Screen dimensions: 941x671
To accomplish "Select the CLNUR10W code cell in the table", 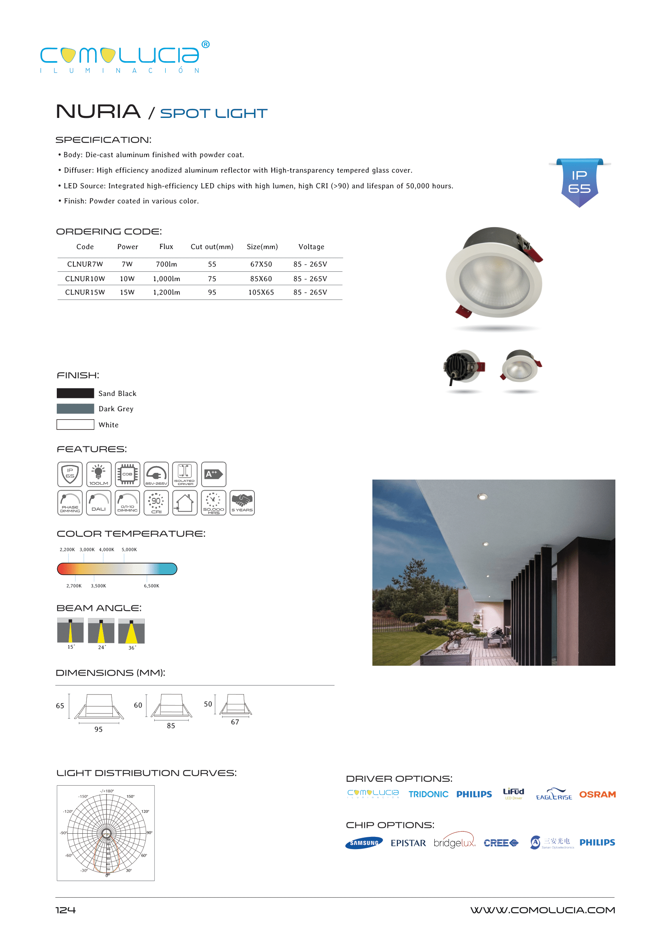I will coord(85,279).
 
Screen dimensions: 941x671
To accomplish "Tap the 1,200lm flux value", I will coord(166,293).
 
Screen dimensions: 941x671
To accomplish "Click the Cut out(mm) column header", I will coord(211,246).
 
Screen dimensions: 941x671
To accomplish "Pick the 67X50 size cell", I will coord(261,264).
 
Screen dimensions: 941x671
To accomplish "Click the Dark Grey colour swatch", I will coord(75,409).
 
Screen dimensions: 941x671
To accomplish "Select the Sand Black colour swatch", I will coord(75,393).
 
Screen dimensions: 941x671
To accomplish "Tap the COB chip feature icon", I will coord(127,474).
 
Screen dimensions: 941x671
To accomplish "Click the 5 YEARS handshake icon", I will coord(242,502).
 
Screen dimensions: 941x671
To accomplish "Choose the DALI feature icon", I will coord(98,502).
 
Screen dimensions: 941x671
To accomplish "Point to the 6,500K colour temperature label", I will coord(151,586).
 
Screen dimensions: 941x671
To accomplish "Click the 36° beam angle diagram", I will coord(131,631).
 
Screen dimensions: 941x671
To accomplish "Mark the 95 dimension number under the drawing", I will coord(98,729).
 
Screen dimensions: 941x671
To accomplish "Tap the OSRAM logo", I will coord(597,794).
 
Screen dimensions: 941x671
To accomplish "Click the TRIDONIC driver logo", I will coord(428,794).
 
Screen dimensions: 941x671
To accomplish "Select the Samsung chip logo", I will coord(364,843).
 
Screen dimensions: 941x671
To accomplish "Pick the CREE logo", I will coord(500,843).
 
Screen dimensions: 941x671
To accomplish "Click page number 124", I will coord(66,910).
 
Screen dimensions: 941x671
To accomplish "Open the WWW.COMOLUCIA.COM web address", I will coord(542,910).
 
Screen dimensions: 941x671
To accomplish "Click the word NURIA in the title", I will coord(98,112).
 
